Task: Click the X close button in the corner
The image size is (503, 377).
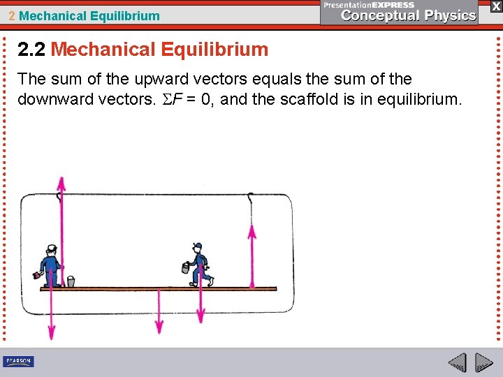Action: coord(495,6)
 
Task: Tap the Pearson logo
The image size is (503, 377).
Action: coord(18,361)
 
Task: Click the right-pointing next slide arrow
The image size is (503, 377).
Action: coord(484,363)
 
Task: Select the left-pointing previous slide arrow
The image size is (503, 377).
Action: coord(457,363)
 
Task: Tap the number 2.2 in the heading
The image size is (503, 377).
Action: coord(32,50)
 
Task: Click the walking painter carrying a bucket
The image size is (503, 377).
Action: coord(200,265)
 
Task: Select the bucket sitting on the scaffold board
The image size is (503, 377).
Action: coord(70,281)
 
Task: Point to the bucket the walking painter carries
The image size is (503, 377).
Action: coord(187,268)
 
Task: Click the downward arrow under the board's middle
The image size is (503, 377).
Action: coord(159,311)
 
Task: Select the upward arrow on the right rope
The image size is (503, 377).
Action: coord(252,255)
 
